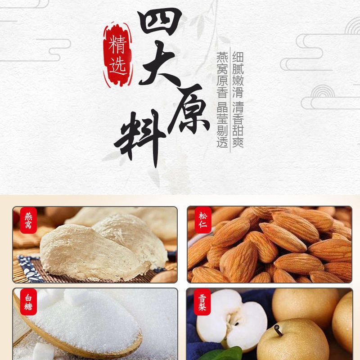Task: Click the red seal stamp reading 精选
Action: coord(118,55)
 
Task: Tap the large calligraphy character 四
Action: coord(159,22)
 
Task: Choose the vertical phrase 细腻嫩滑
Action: coord(238,74)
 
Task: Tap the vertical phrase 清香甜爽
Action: coord(238,125)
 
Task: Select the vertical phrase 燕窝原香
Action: coord(222,74)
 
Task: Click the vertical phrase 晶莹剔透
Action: coord(222,125)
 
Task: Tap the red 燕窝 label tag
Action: coord(28,220)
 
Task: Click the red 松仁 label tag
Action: coord(203,220)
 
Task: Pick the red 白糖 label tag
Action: coord(28,302)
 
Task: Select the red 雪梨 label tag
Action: coord(202,302)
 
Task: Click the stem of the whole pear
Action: coord(278,330)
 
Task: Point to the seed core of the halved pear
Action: coord(233,320)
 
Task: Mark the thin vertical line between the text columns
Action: coord(230,99)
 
